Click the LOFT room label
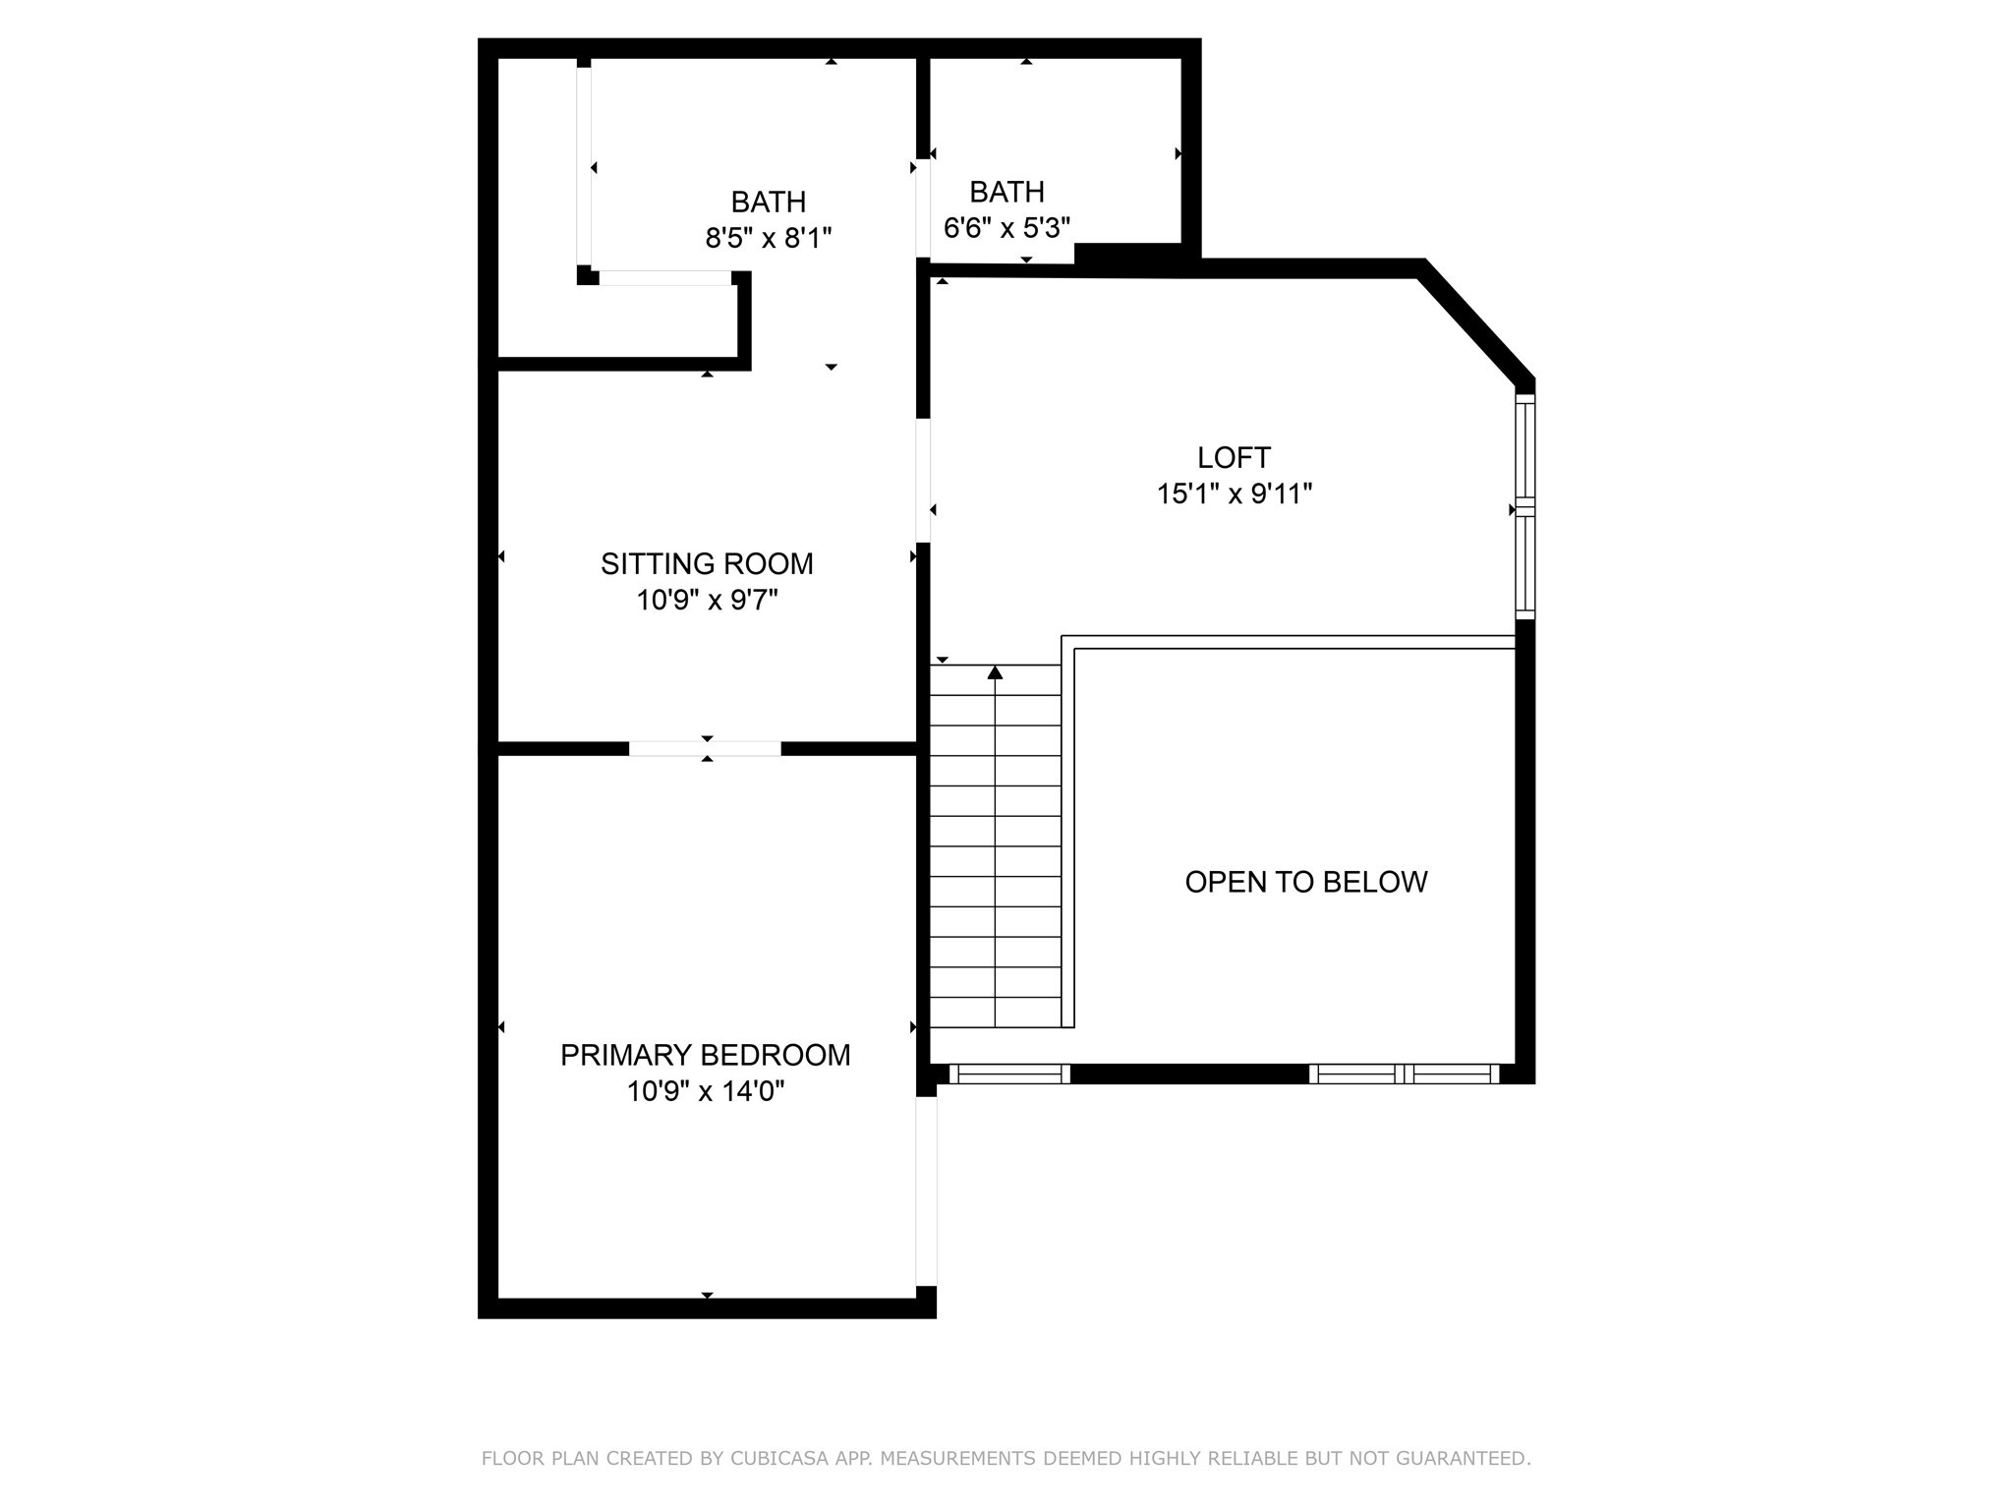click(1234, 457)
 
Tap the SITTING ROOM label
click(707, 563)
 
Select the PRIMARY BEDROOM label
click(705, 1055)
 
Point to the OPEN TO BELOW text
click(1305, 882)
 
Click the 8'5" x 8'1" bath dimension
click(769, 238)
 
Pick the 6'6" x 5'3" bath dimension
click(1006, 228)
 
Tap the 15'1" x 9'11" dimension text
click(1235, 494)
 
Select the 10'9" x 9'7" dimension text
click(707, 600)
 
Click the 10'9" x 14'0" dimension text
click(706, 1091)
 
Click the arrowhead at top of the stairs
click(995, 672)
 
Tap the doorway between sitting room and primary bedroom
click(705, 749)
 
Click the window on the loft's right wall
click(1524, 506)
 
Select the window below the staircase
click(1009, 1074)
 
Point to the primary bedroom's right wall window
click(926, 1191)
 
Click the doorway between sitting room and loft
click(923, 481)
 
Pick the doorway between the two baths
click(923, 208)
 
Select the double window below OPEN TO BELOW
click(1404, 1074)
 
